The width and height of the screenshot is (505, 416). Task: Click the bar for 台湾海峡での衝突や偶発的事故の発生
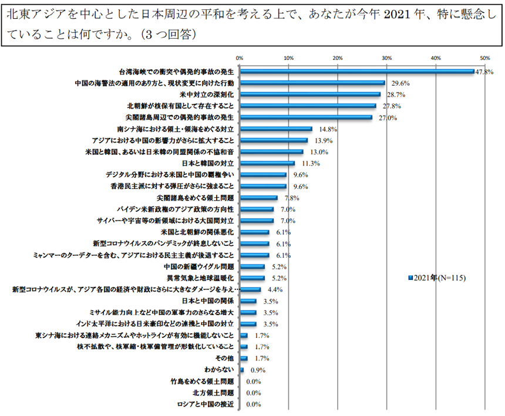click(356, 72)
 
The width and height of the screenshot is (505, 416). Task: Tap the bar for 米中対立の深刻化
click(309, 94)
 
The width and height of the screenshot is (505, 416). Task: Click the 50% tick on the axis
click(484, 58)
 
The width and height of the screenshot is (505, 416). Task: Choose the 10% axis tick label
click(288, 58)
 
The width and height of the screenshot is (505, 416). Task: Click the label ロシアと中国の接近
click(206, 404)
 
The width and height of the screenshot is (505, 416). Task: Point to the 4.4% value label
click(275, 289)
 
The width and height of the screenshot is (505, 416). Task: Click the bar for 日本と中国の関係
click(248, 301)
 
